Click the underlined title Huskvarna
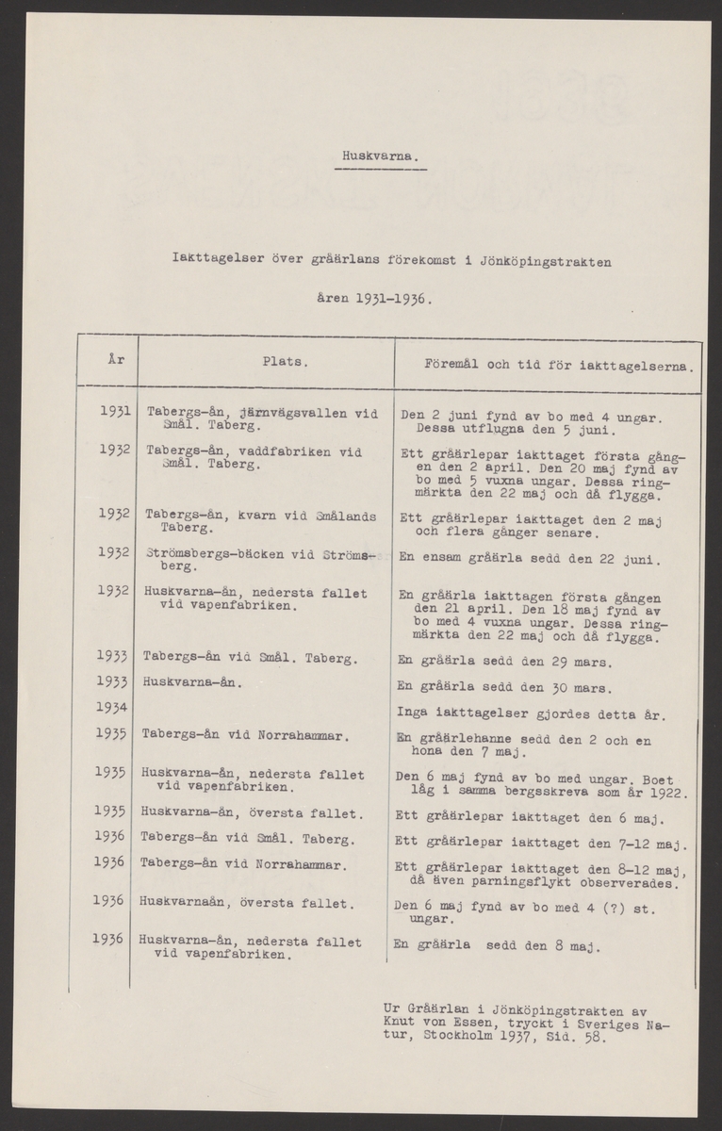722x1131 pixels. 381,157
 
